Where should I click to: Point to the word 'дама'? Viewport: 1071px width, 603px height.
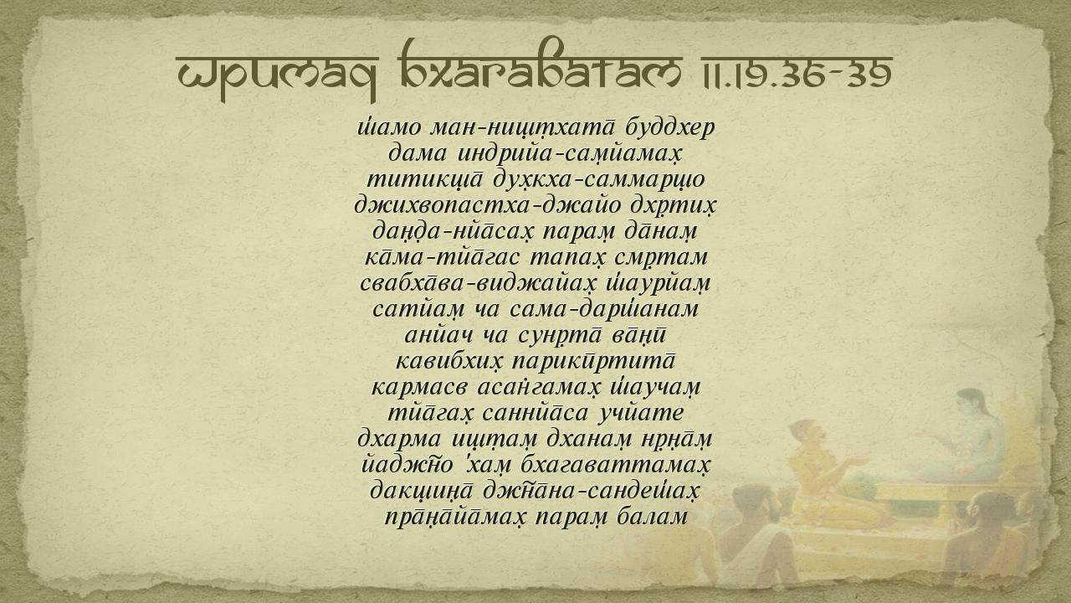[x=418, y=154]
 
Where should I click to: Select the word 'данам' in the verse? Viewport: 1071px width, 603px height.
[x=661, y=232]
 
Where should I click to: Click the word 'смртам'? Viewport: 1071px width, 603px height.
[x=661, y=258]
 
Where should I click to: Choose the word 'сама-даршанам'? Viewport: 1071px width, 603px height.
[x=604, y=309]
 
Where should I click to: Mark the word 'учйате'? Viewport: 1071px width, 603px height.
[x=641, y=414]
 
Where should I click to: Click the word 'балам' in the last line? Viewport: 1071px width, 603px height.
[x=653, y=517]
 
